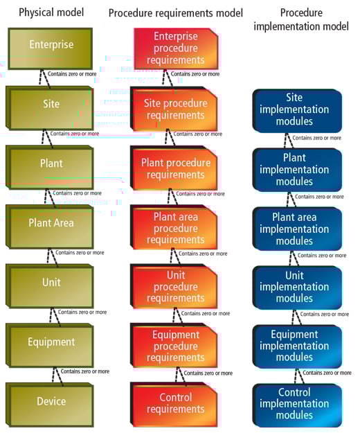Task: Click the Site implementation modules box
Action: tap(298, 110)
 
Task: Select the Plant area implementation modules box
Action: tap(298, 229)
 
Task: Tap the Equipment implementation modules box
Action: tap(298, 346)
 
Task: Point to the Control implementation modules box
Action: tap(298, 404)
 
